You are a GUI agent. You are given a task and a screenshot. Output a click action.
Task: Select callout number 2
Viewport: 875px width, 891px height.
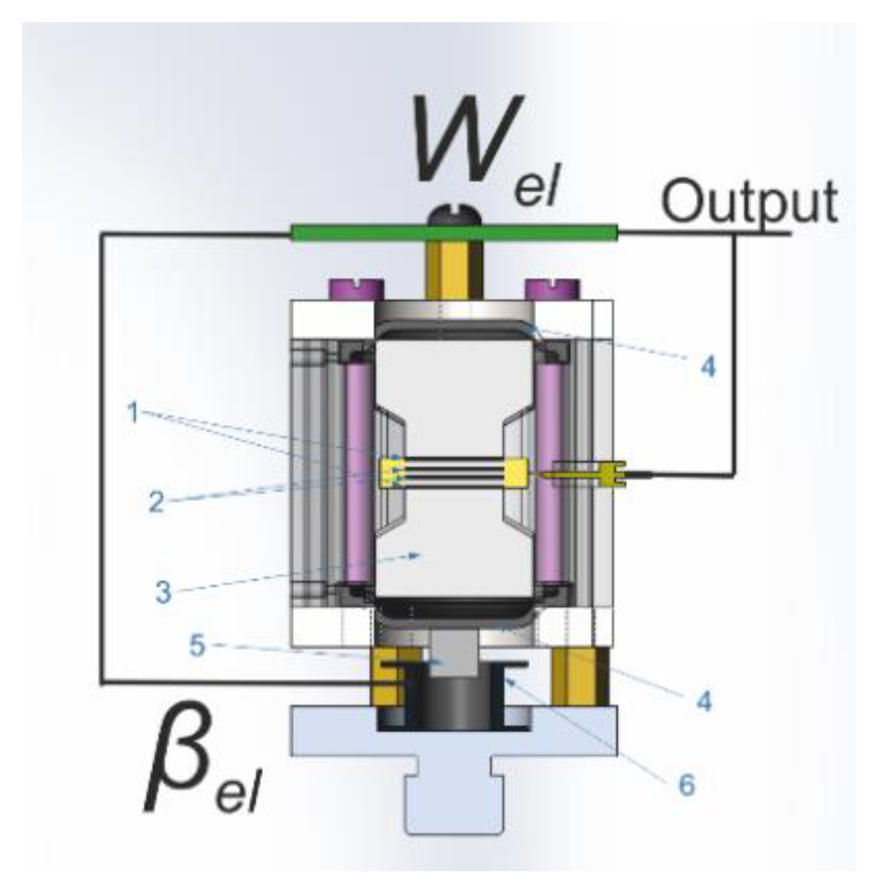click(155, 503)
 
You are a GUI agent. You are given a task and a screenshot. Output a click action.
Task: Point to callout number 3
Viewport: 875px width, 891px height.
click(162, 592)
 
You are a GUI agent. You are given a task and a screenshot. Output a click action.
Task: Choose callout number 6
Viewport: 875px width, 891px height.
click(686, 784)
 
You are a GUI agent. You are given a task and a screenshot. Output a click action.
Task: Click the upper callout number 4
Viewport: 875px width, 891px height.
click(708, 367)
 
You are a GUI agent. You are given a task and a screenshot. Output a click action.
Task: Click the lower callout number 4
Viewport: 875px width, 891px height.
click(704, 701)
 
